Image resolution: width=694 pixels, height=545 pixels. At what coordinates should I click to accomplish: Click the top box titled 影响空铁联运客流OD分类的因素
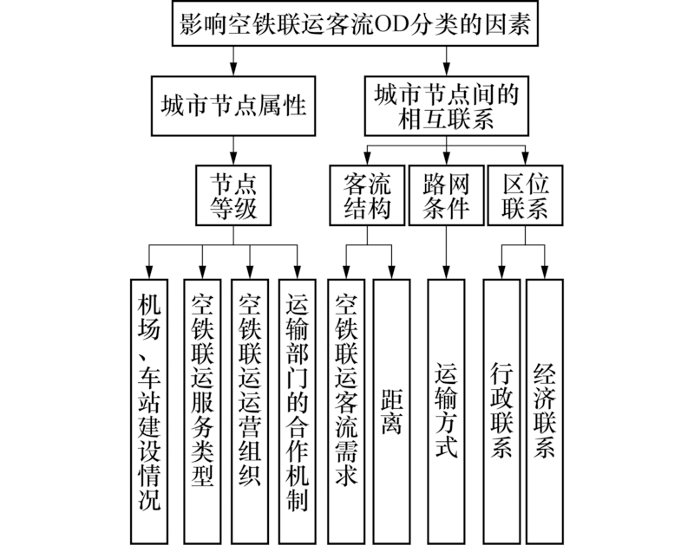pos(355,23)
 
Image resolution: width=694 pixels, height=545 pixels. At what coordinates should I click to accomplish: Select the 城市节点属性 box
pos(233,106)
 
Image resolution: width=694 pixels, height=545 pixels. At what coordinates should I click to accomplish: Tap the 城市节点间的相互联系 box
pos(447,106)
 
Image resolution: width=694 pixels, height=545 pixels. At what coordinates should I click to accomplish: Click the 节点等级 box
pos(233,195)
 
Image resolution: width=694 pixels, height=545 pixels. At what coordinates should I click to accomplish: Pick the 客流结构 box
pos(367,195)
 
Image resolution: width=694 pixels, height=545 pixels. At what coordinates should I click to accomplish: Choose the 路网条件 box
pos(446,195)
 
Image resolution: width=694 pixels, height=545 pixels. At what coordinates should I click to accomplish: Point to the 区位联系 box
pos(526,195)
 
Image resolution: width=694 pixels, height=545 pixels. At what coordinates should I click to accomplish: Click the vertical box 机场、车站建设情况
pos(149,411)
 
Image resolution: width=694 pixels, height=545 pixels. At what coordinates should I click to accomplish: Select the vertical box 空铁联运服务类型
pos(202,411)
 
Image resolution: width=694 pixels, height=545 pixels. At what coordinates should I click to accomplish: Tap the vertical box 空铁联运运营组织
pos(250,411)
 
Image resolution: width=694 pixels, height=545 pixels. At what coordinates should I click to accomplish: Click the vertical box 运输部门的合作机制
pos(297,411)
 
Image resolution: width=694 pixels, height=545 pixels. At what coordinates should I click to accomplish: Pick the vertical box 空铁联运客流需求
pos(346,411)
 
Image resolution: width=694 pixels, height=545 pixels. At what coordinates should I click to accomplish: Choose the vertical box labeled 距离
pos(392,411)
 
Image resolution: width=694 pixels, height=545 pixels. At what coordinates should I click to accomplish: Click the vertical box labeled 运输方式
pos(446,411)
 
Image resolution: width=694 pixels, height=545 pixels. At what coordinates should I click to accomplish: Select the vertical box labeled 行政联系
pos(501,411)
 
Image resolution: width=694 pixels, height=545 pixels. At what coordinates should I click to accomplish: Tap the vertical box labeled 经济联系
pos(545,411)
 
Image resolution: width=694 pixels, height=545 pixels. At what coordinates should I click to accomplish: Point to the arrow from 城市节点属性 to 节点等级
pos(233,150)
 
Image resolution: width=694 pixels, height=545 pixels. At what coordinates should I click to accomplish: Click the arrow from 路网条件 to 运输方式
pos(446,252)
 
